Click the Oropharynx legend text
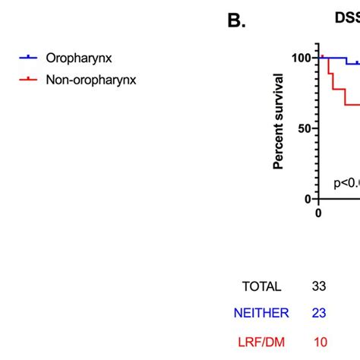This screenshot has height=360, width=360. coord(80,58)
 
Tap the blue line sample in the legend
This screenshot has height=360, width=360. coord(28,58)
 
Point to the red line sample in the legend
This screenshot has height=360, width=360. coord(28,79)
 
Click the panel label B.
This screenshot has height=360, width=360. coord(237,21)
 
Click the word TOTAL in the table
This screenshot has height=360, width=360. coord(261,287)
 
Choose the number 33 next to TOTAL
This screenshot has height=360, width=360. coord(319,287)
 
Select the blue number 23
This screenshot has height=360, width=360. coord(319,313)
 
